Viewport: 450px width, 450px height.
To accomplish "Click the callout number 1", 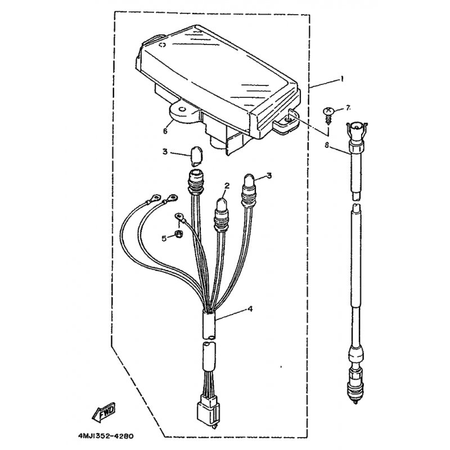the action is click(x=342, y=79).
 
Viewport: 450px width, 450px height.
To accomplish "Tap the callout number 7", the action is click(x=348, y=108).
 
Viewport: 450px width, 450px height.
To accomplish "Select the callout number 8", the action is click(x=326, y=145).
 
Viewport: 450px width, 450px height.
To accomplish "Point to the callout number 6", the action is click(x=165, y=131).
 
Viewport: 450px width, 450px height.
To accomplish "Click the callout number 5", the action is click(x=164, y=238).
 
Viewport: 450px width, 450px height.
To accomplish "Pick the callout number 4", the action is click(x=250, y=309).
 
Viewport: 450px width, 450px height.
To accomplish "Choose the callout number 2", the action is click(x=227, y=186).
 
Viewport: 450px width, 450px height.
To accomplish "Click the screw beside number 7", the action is click(x=329, y=115).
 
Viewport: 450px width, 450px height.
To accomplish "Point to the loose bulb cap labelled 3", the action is click(x=196, y=156).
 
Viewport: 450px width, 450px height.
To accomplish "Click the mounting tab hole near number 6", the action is click(x=182, y=109).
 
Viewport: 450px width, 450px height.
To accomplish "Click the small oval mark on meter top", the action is click(x=163, y=45).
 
